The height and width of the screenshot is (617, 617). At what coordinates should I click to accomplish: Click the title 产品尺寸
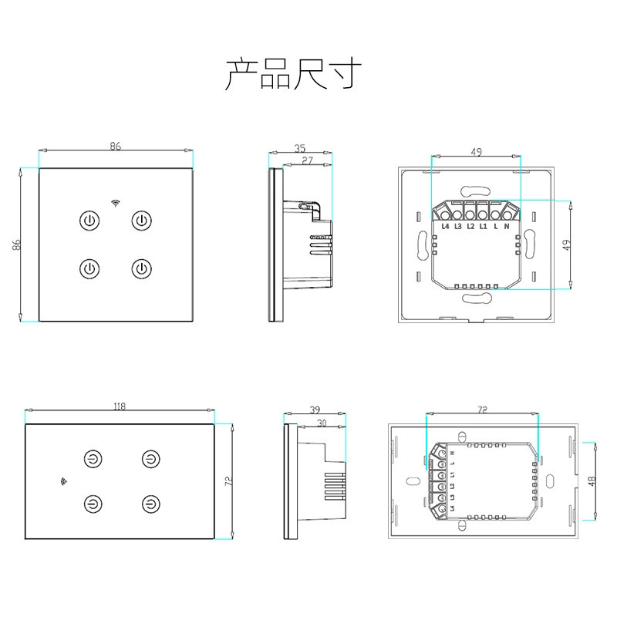tap(293, 74)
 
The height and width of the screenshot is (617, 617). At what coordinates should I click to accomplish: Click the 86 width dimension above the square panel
tap(115, 146)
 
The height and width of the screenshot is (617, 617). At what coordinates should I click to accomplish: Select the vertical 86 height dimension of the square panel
tap(16, 244)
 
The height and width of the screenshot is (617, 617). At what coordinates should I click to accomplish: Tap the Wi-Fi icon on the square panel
tap(115, 203)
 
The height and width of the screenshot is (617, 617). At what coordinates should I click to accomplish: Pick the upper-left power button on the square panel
tap(89, 221)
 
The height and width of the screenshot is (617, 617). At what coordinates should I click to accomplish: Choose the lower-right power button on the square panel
tap(141, 268)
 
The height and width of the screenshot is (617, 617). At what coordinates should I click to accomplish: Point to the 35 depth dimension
tap(300, 148)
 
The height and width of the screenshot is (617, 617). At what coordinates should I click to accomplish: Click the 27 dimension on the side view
tap(307, 160)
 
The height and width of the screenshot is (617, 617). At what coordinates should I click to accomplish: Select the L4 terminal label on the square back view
tap(445, 226)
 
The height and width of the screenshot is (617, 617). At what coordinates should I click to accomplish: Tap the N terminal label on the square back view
tap(507, 226)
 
